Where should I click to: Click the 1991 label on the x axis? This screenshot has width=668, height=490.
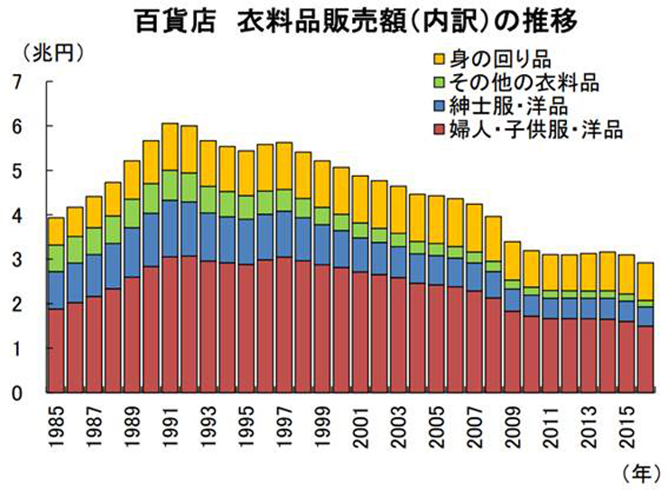pos(170,425)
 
